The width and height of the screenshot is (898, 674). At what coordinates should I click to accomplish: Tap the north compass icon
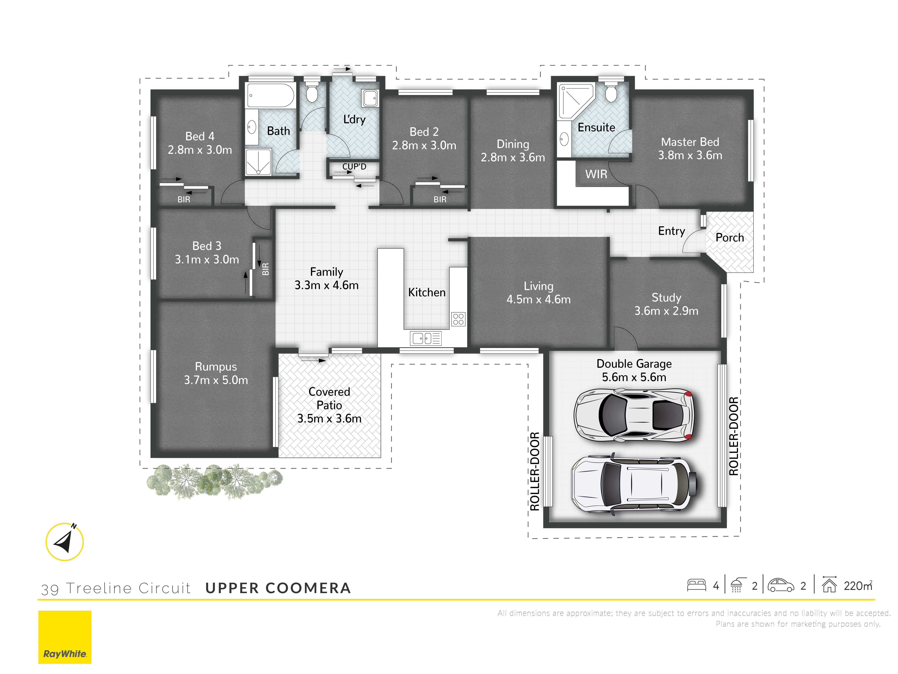click(x=64, y=542)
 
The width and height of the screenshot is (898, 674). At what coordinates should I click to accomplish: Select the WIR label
click(x=596, y=174)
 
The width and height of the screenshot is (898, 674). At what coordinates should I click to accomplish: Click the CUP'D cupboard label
click(x=354, y=167)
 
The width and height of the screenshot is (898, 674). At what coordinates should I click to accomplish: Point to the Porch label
click(x=730, y=238)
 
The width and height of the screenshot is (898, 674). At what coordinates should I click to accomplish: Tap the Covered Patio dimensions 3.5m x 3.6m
click(x=329, y=418)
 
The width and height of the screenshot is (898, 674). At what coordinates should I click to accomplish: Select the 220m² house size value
click(x=857, y=586)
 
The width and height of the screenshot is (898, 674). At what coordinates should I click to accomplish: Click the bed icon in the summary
click(x=696, y=585)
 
